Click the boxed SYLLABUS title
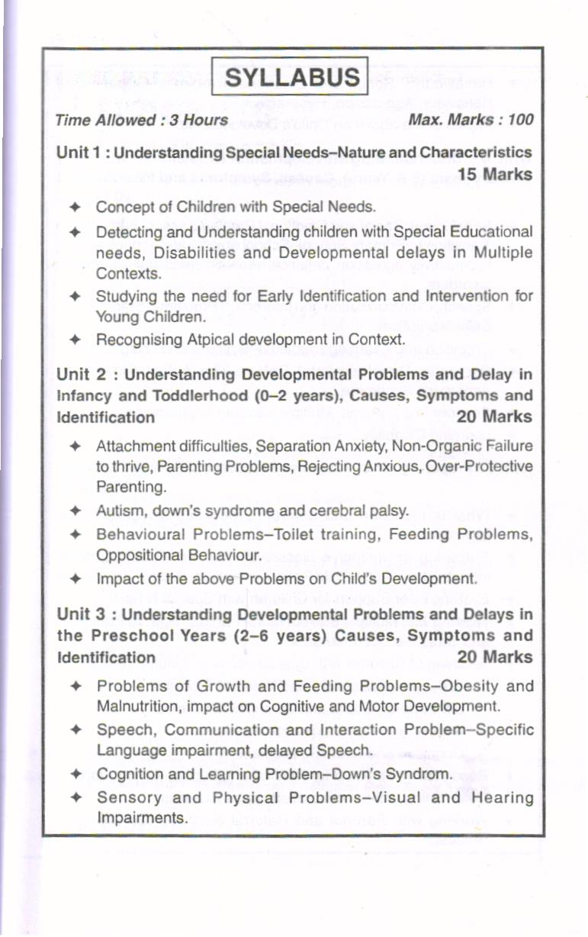tap(293, 77)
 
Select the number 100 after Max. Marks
tap(519, 120)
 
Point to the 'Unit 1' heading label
tap(79, 153)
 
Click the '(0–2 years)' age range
tap(259, 396)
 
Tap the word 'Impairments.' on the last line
tap(141, 818)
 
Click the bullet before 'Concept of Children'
tap(75, 207)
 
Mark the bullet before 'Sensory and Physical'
tap(75, 797)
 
